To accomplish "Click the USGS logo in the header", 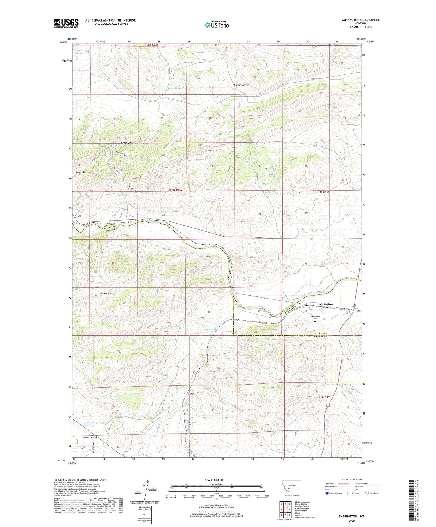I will (x=66, y=23).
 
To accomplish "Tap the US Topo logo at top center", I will (x=217, y=25).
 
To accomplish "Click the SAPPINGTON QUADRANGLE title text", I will (x=356, y=20).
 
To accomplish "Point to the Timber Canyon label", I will (x=241, y=85).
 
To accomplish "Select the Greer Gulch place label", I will (x=127, y=143).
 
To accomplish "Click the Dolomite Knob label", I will (x=83, y=172).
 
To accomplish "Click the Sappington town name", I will (x=325, y=304).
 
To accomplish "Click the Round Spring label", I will (x=174, y=88).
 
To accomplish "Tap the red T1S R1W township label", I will (x=324, y=396).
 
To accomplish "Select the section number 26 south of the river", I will (x=211, y=262).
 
